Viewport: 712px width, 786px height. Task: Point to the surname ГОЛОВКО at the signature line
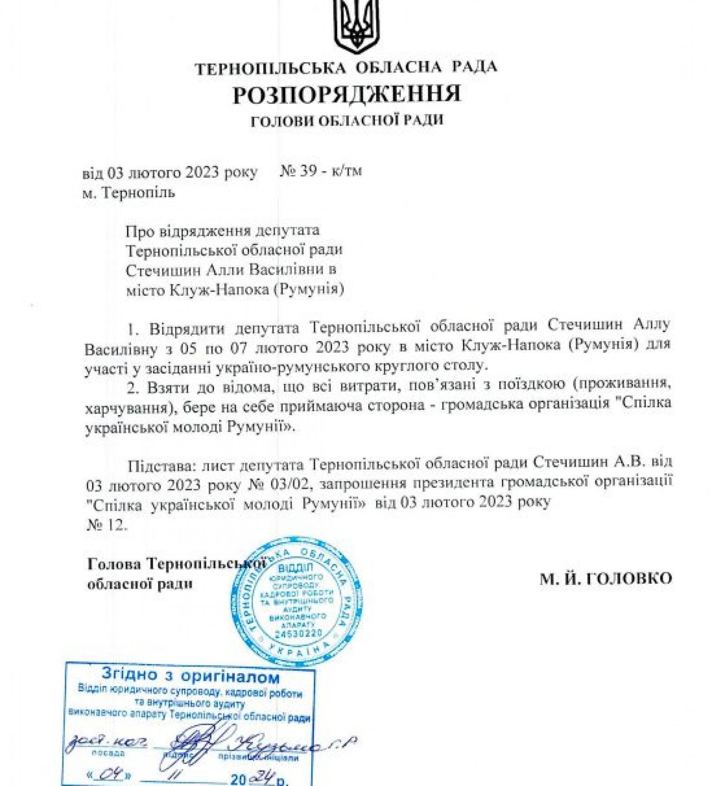[x=628, y=578]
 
